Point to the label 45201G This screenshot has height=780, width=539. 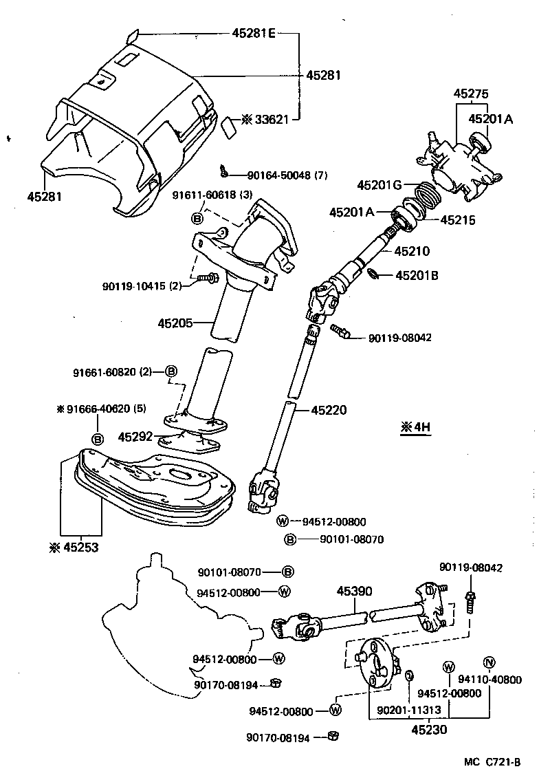tap(379, 184)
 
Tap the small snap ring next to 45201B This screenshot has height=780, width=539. tap(373, 275)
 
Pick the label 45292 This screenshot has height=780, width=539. tap(135, 436)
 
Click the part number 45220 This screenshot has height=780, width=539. tap(329, 410)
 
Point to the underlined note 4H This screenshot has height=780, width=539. tap(415, 427)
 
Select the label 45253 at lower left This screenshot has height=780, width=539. tap(83, 548)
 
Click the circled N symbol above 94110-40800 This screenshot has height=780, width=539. tap(489, 662)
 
